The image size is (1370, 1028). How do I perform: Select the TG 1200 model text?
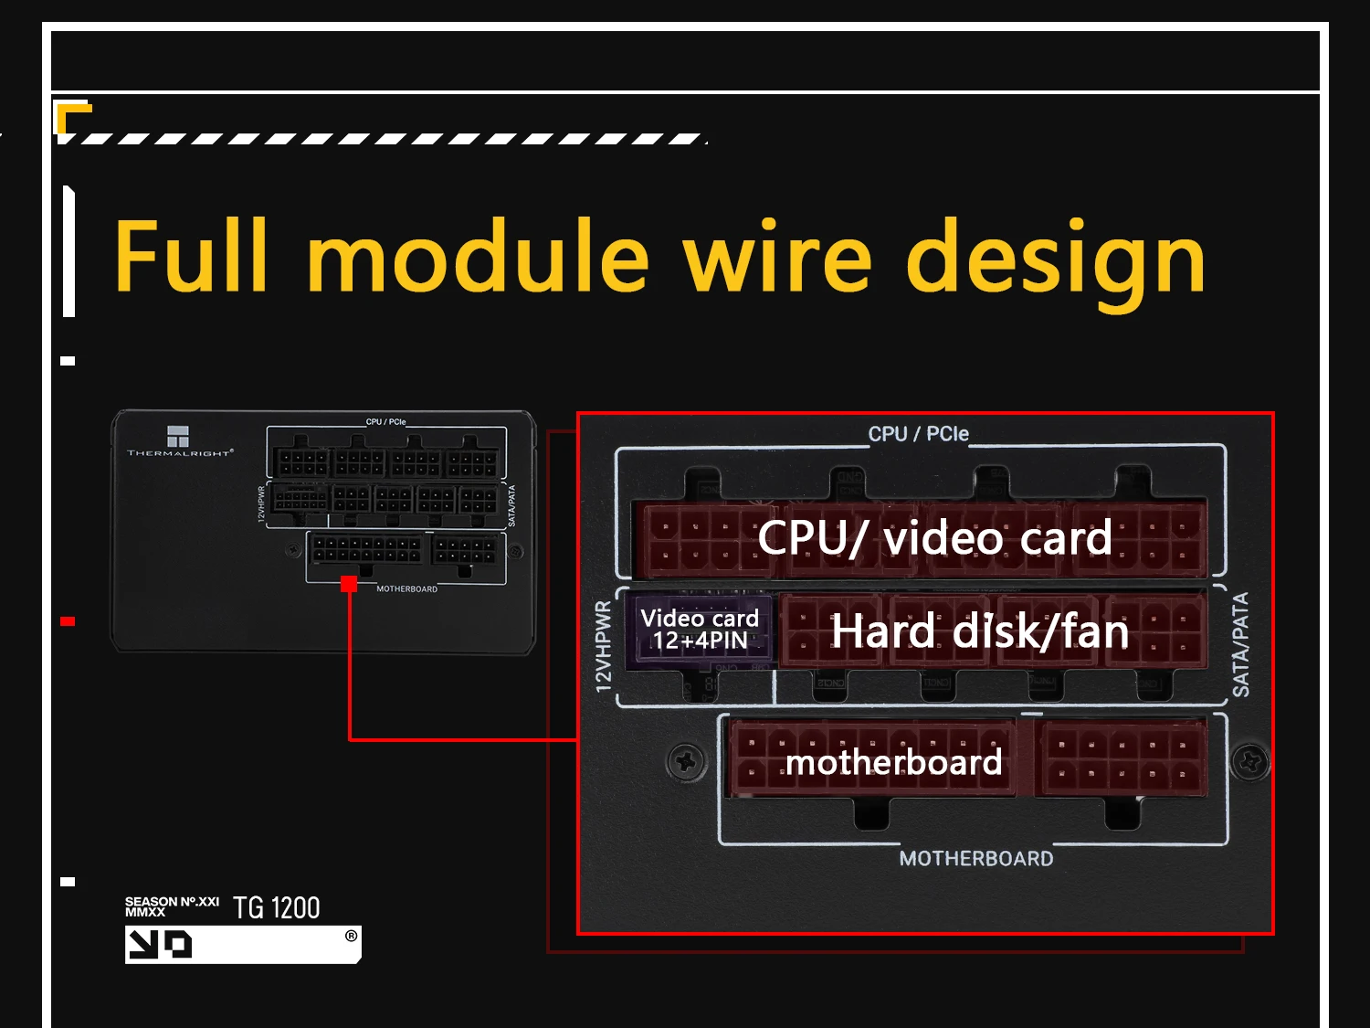[276, 907]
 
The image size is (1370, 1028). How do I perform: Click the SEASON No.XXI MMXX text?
[172, 906]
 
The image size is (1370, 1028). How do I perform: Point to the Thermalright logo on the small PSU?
[179, 439]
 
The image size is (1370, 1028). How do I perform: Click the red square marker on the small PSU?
[349, 584]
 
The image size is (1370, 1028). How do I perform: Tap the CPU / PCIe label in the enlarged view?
[918, 433]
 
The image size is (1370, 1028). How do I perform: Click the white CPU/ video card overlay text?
[934, 537]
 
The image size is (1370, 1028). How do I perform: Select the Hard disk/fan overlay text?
[979, 631]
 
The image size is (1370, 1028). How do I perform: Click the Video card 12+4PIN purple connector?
[700, 630]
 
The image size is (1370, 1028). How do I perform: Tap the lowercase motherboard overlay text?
[893, 761]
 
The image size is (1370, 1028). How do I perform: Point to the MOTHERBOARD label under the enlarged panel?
[975, 858]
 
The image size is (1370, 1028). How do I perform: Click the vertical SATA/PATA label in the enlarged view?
[1240, 644]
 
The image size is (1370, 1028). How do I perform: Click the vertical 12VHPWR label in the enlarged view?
[604, 646]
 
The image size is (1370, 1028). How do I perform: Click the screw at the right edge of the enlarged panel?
[1249, 760]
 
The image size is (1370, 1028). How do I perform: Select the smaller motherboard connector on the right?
[1122, 758]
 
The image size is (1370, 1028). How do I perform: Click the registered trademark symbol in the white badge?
[351, 936]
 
